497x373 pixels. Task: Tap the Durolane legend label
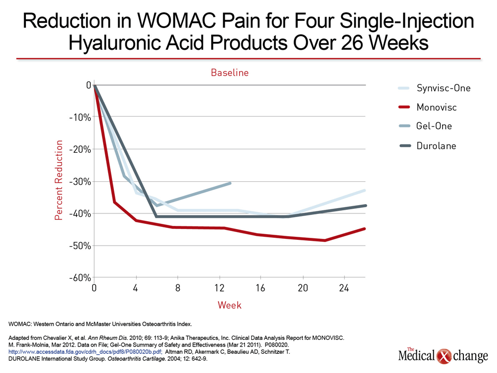tap(436, 146)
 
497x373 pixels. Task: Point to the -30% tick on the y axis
tap(80, 182)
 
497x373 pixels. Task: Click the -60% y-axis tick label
tap(80, 278)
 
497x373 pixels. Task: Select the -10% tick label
tap(80, 118)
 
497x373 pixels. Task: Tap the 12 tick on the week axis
tap(220, 288)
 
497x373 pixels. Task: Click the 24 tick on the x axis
tap(344, 288)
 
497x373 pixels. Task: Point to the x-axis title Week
tap(229, 305)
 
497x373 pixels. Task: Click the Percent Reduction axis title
tap(59, 180)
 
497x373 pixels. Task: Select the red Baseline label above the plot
tap(230, 73)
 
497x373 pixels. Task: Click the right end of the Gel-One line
tap(230, 183)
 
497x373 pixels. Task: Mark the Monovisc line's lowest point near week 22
tap(325, 240)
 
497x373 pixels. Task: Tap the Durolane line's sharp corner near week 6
tap(156, 217)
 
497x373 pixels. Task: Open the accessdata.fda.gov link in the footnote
tap(85, 352)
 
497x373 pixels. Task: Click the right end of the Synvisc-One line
tap(365, 190)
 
